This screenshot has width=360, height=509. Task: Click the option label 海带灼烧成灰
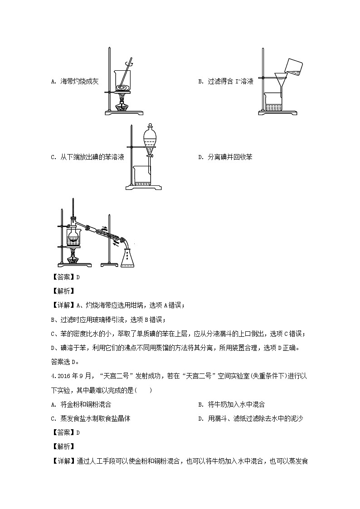[79, 82]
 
